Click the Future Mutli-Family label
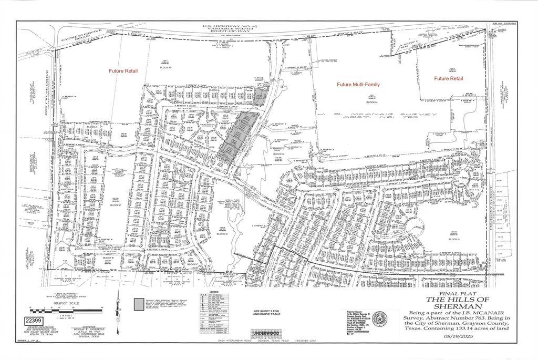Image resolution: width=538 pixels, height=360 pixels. coord(358,84)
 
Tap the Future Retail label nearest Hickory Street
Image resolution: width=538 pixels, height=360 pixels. coord(449,78)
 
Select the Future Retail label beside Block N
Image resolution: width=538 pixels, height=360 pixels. coord(123,70)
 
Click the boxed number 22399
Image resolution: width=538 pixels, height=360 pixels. coord(33,321)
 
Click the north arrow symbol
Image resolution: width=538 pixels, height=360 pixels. coord(118,305)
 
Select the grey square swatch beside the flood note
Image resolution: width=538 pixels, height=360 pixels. coord(138,304)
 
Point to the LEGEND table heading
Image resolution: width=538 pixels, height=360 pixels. coord(214,292)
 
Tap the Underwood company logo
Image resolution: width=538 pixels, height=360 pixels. coord(266,334)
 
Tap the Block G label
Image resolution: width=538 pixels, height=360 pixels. coord(222,233)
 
